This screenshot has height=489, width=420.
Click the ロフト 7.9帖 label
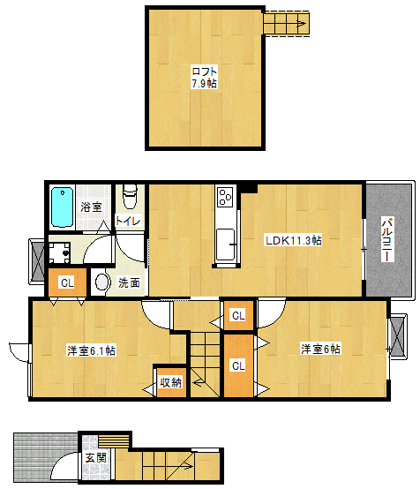pos(204,78)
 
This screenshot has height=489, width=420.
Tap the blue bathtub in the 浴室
pos(63,207)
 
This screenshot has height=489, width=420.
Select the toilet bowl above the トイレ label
pos(130,197)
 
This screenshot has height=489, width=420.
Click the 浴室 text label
pos(91,207)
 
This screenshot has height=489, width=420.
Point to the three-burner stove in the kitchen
pos(225,197)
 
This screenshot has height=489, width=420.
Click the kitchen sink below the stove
pos(225,244)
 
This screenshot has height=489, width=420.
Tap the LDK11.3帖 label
pos(293,240)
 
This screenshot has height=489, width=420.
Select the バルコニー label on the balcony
pos(388,239)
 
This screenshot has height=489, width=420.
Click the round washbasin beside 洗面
pos(101,282)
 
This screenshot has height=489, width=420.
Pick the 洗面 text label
pos(129,282)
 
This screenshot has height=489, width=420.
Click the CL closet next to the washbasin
pos(67,282)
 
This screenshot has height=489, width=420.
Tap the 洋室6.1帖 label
pos(92,350)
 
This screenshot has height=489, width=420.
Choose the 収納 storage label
pos(171,383)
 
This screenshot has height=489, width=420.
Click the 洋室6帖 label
pos(320,349)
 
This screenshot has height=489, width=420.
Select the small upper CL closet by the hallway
pos(239,316)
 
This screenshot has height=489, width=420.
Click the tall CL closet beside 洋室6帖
pos(239,365)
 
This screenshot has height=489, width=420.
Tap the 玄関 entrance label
pos(96,458)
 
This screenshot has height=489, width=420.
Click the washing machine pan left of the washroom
pos(59,252)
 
